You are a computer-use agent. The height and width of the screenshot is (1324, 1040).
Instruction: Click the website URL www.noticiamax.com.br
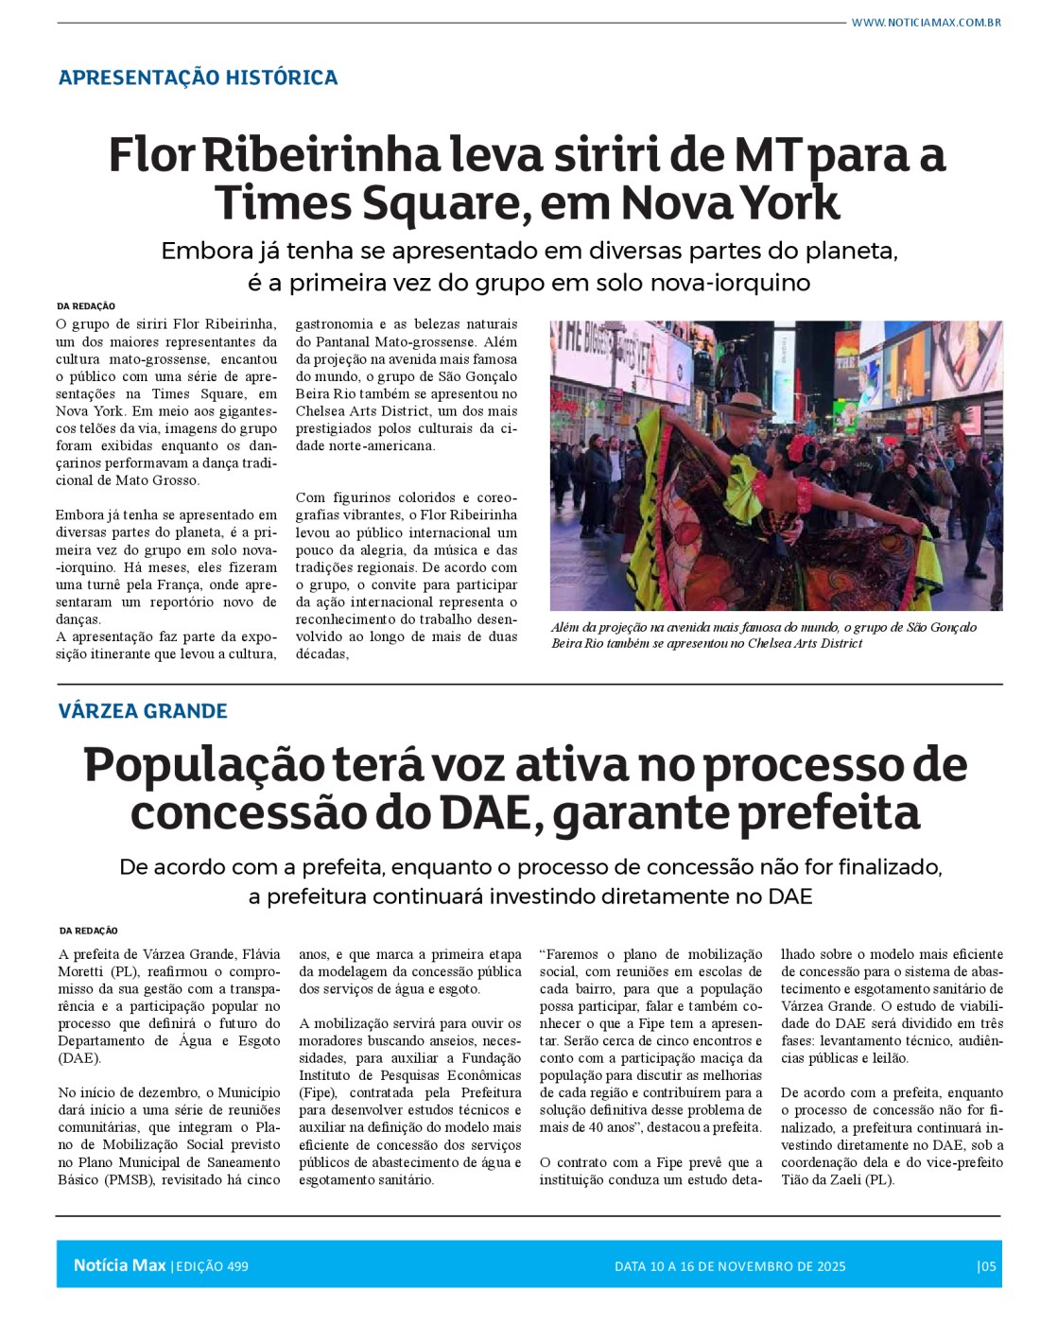pyautogui.click(x=926, y=22)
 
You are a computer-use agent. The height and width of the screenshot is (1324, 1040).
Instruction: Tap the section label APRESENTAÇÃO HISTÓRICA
pyautogui.click(x=198, y=78)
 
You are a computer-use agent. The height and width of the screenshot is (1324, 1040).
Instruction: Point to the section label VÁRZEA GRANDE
pyautogui.click(x=143, y=711)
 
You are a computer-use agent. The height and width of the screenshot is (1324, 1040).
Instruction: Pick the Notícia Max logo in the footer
pyautogui.click(x=119, y=1265)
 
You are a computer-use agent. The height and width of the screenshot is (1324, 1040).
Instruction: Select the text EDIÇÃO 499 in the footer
pyautogui.click(x=212, y=1266)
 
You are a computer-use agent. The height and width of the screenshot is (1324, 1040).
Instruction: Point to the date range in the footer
pyautogui.click(x=730, y=1266)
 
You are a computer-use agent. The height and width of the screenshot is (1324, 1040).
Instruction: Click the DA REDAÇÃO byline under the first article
pyautogui.click(x=86, y=306)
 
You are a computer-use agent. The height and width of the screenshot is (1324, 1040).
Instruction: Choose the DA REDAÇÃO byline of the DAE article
pyautogui.click(x=88, y=931)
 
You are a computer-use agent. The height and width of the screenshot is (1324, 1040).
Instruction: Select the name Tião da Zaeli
pyautogui.click(x=828, y=1179)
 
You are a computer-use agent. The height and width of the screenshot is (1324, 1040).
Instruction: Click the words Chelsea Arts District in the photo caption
pyautogui.click(x=805, y=643)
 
